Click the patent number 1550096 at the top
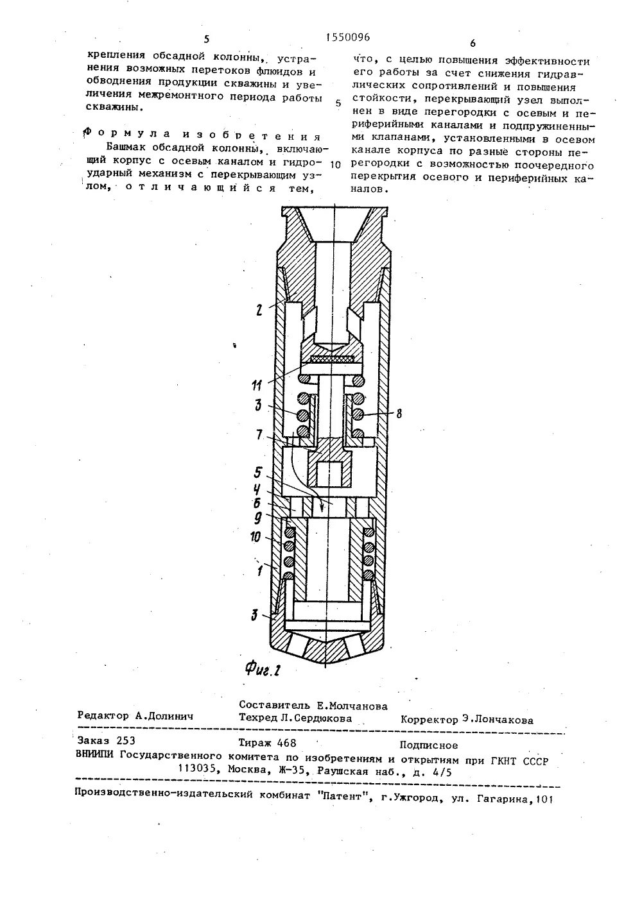pyautogui.click(x=345, y=38)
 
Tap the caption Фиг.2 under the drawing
pyautogui.click(x=264, y=670)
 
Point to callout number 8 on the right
pyautogui.click(x=399, y=414)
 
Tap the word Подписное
pyautogui.click(x=428, y=745)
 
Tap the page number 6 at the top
pyautogui.click(x=473, y=44)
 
